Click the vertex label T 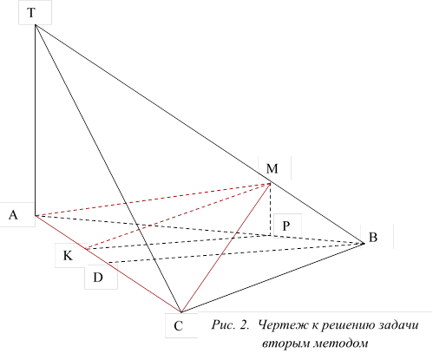click(x=31, y=13)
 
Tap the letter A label click(x=13, y=215)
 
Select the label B click(x=373, y=237)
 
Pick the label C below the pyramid click(x=179, y=326)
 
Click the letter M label click(x=272, y=168)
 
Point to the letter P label click(x=285, y=226)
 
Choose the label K click(x=68, y=256)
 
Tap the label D click(x=98, y=278)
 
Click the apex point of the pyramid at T click(x=36, y=25)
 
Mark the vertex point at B click(x=364, y=244)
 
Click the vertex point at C click(x=181, y=312)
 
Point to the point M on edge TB click(x=270, y=183)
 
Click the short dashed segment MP click(x=270, y=209)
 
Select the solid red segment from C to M click(x=226, y=247)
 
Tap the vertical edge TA click(x=36, y=121)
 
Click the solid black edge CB click(x=272, y=278)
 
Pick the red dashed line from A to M click(x=153, y=200)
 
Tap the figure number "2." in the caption click(x=245, y=325)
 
